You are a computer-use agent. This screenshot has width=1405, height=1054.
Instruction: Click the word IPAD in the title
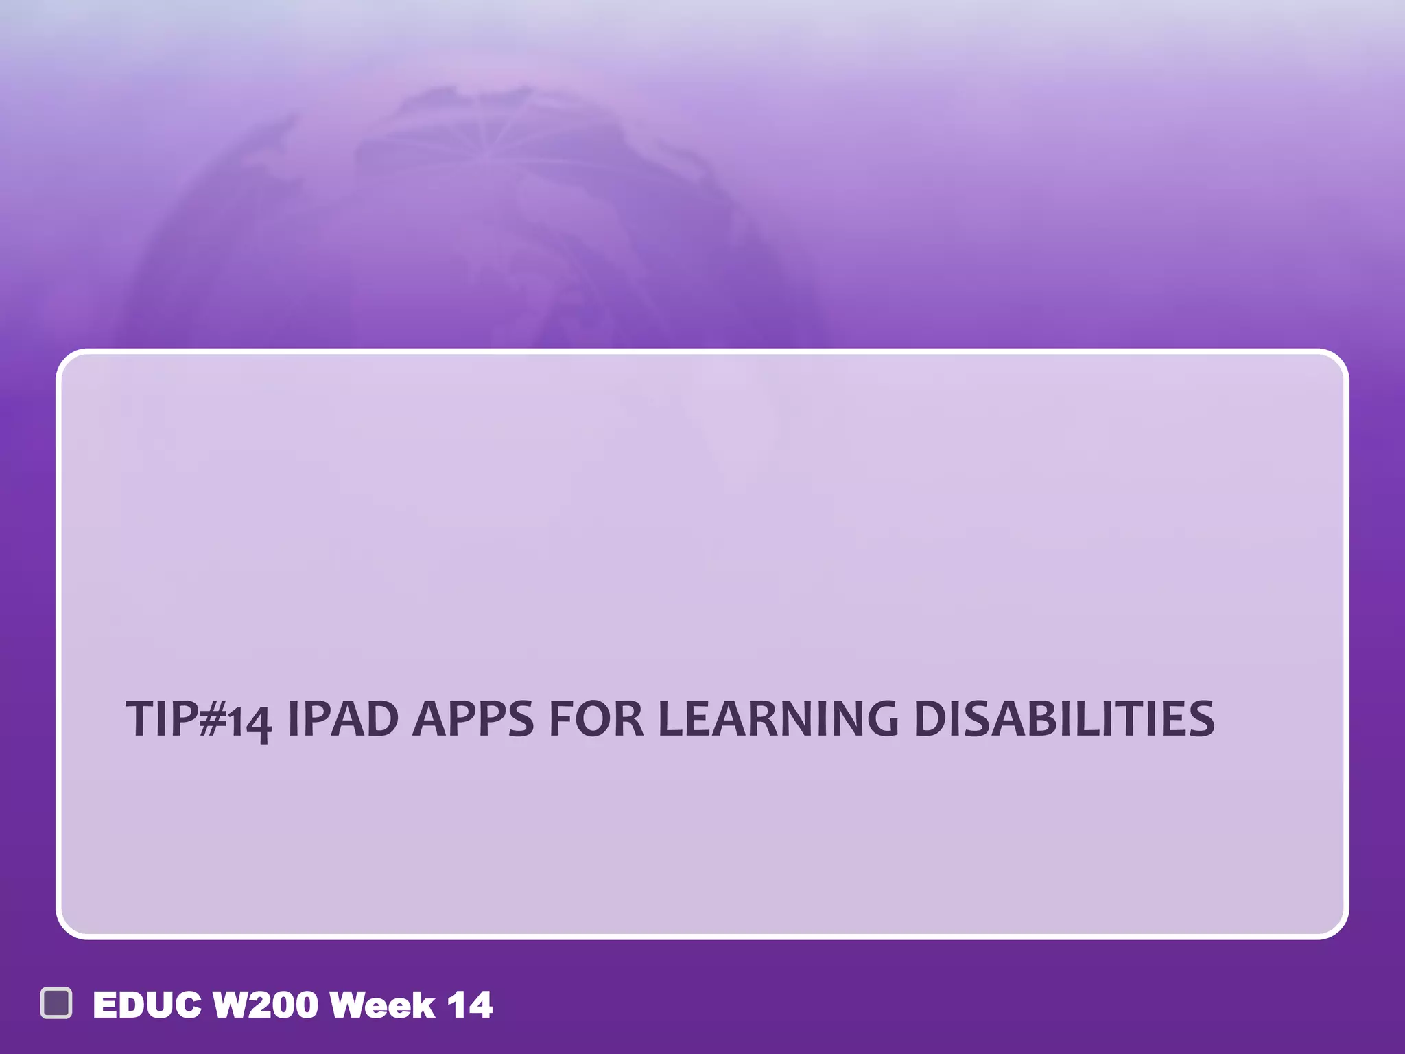(342, 719)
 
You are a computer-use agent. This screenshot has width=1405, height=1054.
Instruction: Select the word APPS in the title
(473, 719)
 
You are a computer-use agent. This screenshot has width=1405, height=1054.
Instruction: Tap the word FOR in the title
(596, 719)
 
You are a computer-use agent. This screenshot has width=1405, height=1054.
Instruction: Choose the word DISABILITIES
(1064, 719)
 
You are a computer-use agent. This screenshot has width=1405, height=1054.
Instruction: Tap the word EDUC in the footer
(147, 1005)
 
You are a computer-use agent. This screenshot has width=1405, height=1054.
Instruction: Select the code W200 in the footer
(265, 1005)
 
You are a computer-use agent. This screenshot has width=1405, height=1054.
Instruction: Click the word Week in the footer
(382, 1005)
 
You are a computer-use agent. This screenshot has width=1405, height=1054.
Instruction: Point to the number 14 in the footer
(470, 1005)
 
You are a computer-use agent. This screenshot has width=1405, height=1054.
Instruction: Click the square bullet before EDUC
(56, 1003)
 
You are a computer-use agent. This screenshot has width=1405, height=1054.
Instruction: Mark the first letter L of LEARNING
(670, 719)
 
